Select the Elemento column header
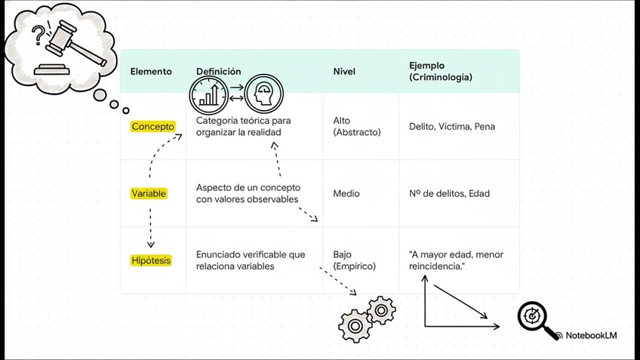(x=151, y=72)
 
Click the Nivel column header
(x=344, y=72)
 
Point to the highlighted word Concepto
(x=152, y=127)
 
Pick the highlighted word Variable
(x=149, y=194)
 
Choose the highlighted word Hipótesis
(x=151, y=260)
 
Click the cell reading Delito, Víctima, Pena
(x=452, y=127)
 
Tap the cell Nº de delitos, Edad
(x=449, y=194)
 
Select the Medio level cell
(x=346, y=194)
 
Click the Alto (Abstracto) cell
(x=357, y=126)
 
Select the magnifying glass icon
(x=538, y=320)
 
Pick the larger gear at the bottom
(x=354, y=325)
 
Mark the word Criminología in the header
(x=441, y=78)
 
